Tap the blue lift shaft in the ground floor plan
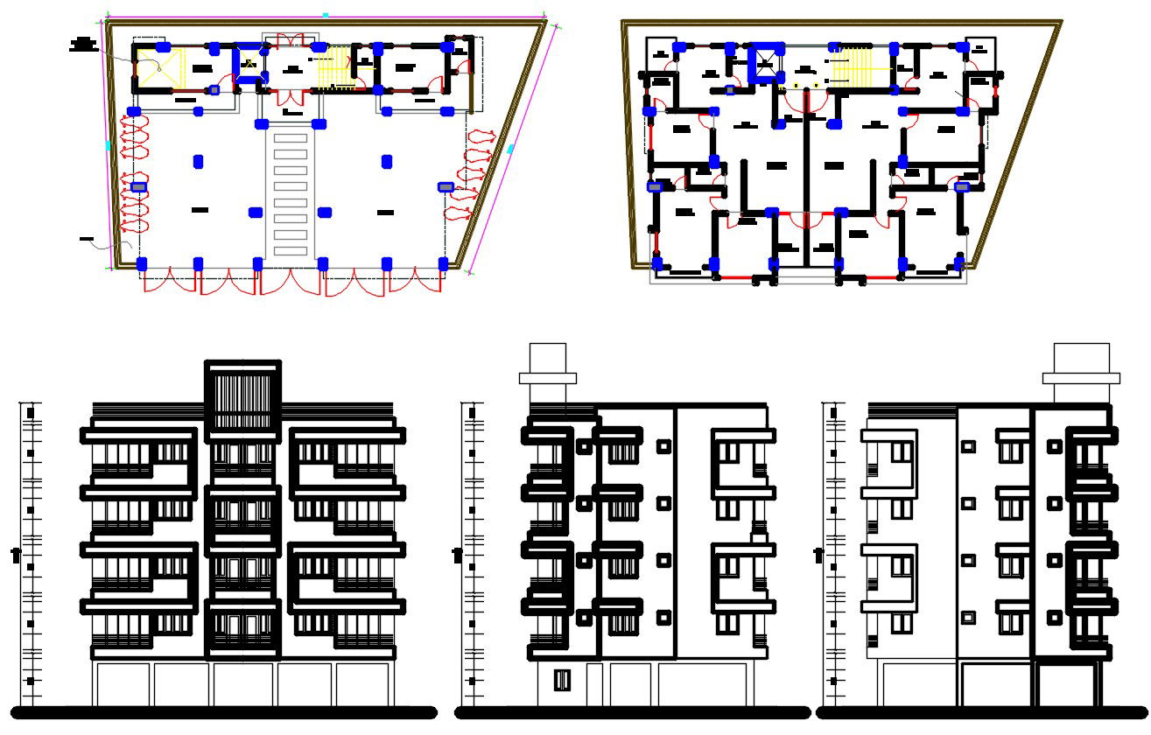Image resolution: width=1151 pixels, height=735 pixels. point(249,63)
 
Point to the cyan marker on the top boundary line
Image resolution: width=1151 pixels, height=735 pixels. point(325,15)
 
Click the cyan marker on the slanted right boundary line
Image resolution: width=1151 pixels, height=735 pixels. point(510,150)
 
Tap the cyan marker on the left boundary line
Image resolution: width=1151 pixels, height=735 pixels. point(109,145)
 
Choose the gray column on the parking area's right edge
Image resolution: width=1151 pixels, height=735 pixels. point(446,186)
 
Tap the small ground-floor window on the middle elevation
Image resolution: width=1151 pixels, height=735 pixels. point(562,680)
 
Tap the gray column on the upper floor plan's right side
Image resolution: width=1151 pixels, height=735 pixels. point(962,186)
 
